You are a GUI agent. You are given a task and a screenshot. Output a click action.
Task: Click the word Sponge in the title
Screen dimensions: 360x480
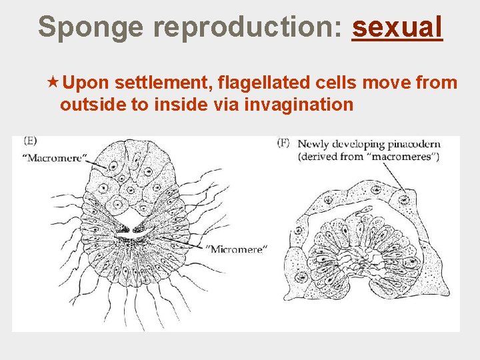coord(91,27)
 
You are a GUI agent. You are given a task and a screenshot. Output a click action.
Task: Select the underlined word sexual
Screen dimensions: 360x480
coord(397,27)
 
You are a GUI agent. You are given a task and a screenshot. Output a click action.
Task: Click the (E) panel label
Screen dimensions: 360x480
coord(30,141)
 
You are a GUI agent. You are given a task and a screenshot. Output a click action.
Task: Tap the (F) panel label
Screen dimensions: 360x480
coord(283,143)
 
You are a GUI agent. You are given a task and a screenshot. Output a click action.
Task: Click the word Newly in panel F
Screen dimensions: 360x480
coord(313,144)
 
